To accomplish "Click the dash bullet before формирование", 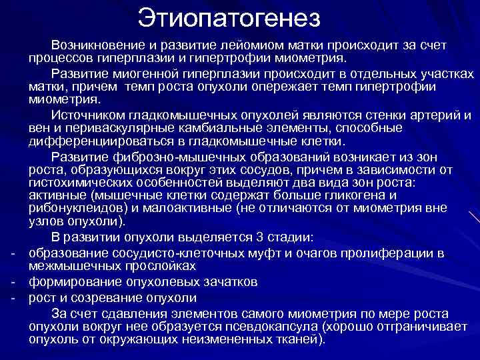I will point(13,283).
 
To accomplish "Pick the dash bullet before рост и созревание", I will point(13,297).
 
